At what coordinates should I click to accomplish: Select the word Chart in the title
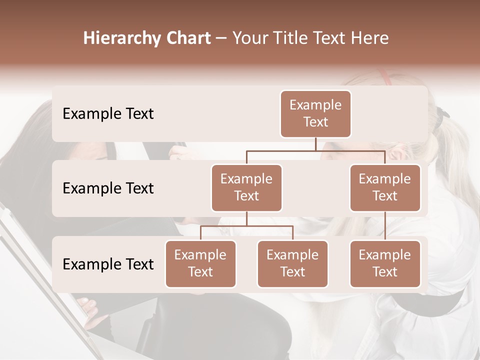187,38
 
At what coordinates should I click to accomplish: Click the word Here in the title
370,38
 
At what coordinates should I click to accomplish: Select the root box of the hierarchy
315,114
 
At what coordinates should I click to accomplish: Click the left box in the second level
246,188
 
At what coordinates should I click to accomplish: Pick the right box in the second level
385,188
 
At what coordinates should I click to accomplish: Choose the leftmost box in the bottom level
200,264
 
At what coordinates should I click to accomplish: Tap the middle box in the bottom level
292,264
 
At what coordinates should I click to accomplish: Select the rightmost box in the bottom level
385,264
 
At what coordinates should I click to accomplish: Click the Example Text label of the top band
108,114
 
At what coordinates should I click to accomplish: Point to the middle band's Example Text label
108,188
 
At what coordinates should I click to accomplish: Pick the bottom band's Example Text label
108,264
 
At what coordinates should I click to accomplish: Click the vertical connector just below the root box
315,144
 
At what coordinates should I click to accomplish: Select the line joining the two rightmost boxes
385,226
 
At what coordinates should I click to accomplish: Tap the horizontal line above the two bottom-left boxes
246,226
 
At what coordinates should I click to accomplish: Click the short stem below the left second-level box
246,218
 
